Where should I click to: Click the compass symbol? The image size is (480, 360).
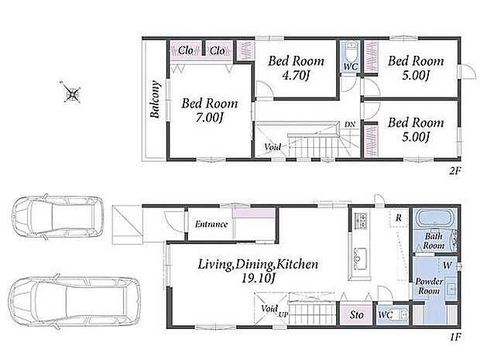point(72,92)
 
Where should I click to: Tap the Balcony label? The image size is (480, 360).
point(155,99)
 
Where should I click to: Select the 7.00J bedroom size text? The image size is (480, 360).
point(209,117)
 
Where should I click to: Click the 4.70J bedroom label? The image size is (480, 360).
point(295,75)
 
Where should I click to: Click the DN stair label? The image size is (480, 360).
point(350,125)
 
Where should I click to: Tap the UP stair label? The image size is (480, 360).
point(283,314)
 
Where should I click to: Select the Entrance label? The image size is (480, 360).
point(211,225)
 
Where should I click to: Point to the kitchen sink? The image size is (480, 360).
point(360,259)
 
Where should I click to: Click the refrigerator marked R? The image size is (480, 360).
point(399,218)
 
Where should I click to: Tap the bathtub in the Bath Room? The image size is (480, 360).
point(434,218)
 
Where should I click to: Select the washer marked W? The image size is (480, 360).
point(447,266)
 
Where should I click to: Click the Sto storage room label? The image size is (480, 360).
point(357,314)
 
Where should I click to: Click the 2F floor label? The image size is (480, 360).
point(455,170)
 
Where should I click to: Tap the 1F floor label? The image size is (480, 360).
point(455,338)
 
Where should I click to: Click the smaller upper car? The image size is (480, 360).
point(57,217)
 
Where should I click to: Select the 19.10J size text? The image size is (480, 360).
point(259,278)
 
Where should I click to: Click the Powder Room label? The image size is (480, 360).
point(429,286)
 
